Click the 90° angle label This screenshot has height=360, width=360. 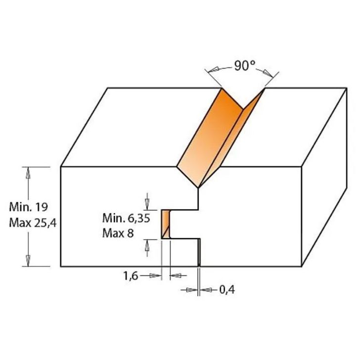[244, 66]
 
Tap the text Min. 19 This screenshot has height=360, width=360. [29, 207]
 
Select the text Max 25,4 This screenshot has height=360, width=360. [33, 223]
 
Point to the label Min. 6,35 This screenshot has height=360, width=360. [126, 218]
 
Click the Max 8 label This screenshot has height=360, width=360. [118, 233]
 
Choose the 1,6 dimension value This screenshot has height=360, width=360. [131, 275]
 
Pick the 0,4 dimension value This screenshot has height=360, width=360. [227, 290]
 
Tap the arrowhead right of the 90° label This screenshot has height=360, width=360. [268, 73]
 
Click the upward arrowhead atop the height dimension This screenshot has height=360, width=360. [28, 173]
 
